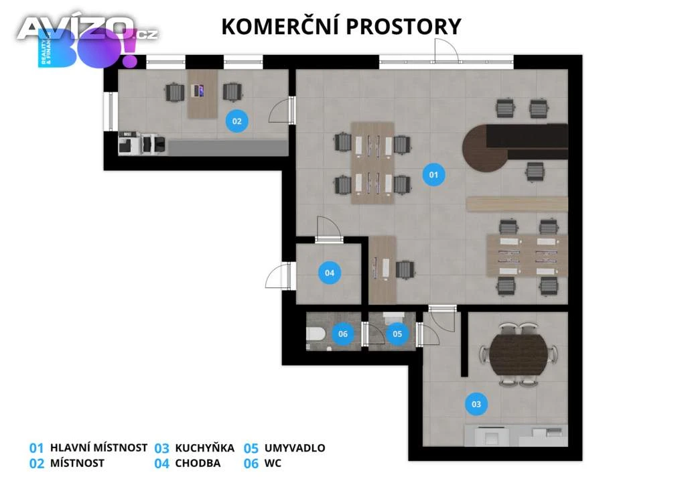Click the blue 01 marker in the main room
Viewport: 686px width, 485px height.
pyautogui.click(x=433, y=174)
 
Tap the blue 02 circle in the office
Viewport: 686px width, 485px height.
pyautogui.click(x=236, y=121)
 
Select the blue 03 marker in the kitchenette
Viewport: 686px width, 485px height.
pyautogui.click(x=476, y=404)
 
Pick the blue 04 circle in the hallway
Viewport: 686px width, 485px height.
pyautogui.click(x=330, y=273)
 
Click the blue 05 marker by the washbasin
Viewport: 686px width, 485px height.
pyautogui.click(x=397, y=334)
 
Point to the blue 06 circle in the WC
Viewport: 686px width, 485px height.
pyautogui.click(x=342, y=334)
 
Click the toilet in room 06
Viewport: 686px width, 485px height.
pyautogui.click(x=315, y=334)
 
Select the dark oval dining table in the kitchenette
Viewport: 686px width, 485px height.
pyautogui.click(x=519, y=354)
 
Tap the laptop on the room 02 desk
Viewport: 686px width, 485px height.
pyautogui.click(x=198, y=90)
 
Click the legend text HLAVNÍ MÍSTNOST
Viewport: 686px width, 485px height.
pyautogui.click(x=99, y=448)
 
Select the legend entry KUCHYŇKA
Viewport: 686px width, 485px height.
pyautogui.click(x=205, y=448)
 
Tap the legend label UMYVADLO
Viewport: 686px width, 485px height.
pyautogui.click(x=295, y=448)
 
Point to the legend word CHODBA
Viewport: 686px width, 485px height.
pyautogui.click(x=198, y=463)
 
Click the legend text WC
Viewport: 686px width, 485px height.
pyautogui.click(x=273, y=463)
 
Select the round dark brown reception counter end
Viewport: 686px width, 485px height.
pyautogui.click(x=484, y=148)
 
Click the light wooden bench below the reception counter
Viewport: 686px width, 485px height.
pyautogui.click(x=517, y=204)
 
